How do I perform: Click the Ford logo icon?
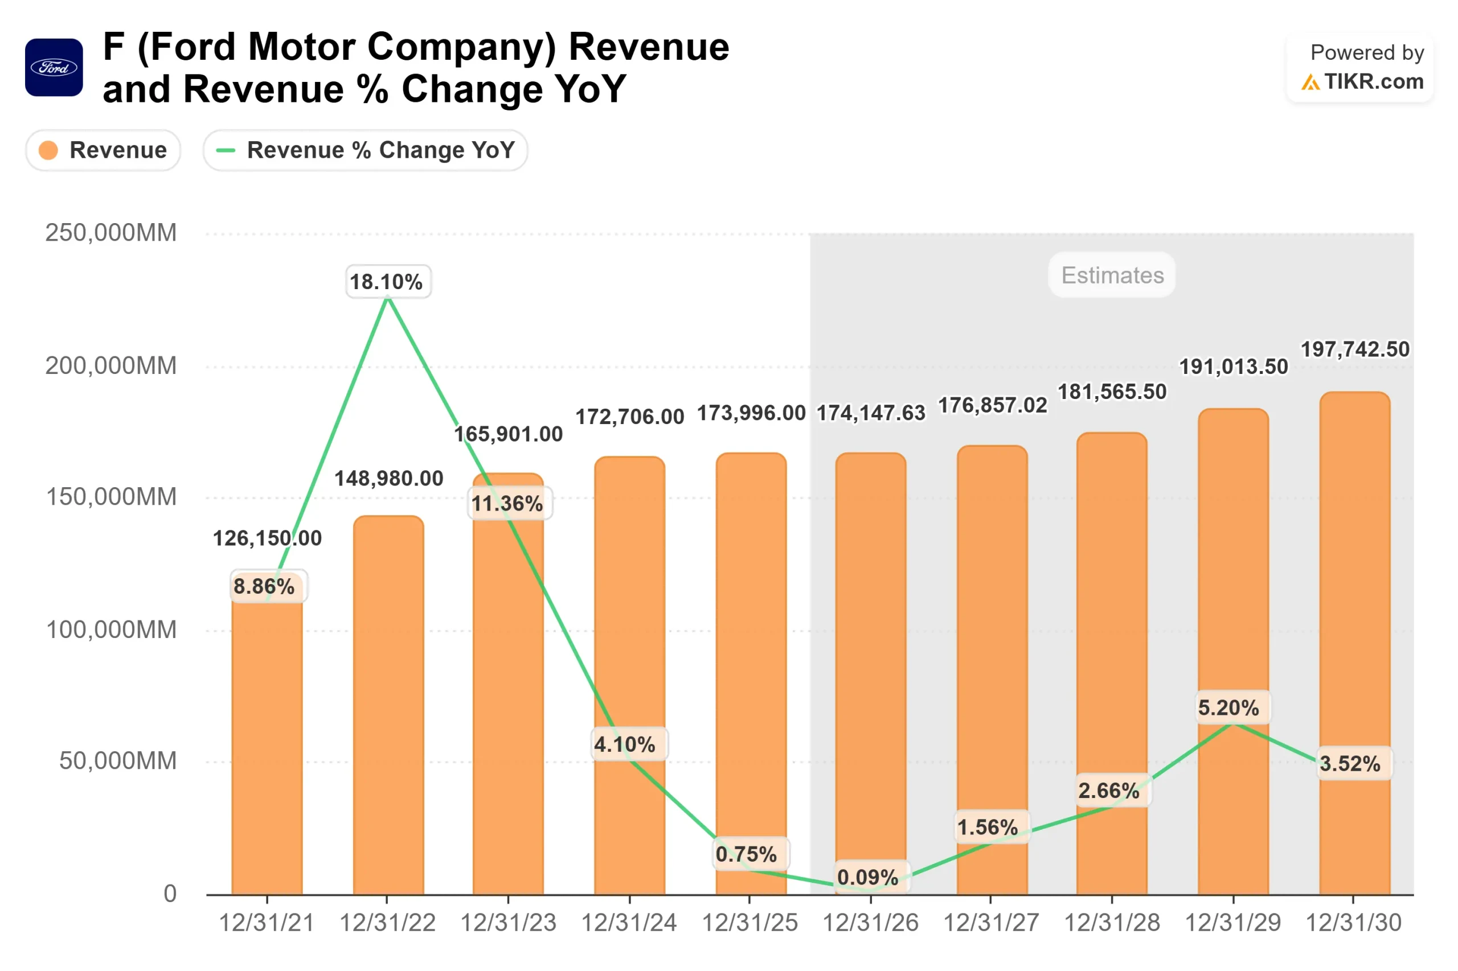54,68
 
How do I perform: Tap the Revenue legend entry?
103,150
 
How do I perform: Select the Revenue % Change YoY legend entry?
365,150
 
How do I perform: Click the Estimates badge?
1112,275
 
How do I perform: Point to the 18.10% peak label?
387,282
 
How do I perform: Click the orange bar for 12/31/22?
388,706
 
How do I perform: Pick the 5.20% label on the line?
1228,707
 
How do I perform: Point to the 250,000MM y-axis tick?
111,233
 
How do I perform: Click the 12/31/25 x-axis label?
749,923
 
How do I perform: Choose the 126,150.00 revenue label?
267,537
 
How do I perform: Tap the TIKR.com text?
1373,82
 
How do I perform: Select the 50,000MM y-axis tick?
118,761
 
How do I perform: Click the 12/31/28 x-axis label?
1112,923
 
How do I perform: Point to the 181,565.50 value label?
1112,392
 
